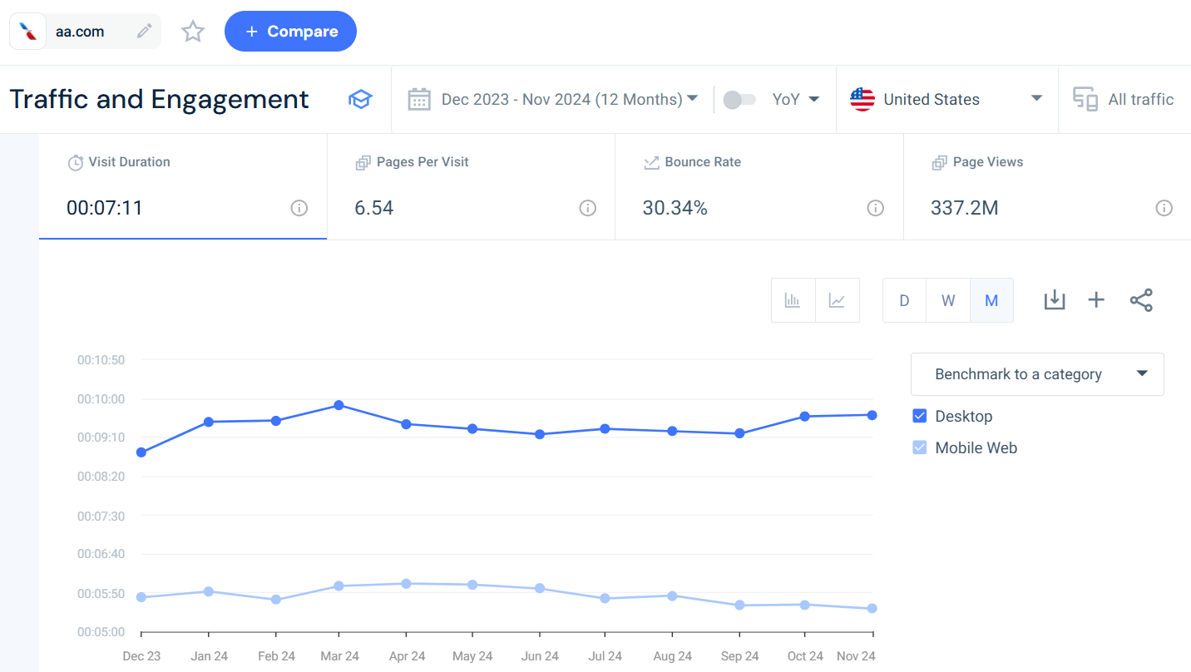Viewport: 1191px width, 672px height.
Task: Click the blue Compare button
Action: (290, 32)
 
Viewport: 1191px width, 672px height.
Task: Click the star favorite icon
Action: (193, 32)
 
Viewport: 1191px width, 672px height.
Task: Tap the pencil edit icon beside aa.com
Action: (145, 32)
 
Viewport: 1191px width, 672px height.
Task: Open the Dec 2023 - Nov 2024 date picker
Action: (552, 99)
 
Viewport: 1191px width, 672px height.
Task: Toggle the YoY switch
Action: (739, 100)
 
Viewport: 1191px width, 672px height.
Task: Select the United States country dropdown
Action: (946, 99)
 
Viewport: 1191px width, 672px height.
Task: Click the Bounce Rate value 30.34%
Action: (675, 208)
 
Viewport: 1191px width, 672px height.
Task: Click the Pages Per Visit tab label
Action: (423, 162)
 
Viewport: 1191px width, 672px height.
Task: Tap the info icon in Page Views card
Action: (1164, 208)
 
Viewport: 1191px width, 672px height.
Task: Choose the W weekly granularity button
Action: (948, 300)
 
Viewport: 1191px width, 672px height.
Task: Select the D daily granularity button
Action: (904, 300)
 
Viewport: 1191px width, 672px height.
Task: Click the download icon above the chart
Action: (1054, 300)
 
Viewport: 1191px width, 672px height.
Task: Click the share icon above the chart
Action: (1141, 300)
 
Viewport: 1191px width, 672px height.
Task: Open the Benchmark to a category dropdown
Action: (1037, 374)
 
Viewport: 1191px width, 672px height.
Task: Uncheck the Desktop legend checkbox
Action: (920, 416)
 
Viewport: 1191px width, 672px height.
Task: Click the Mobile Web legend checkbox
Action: (920, 447)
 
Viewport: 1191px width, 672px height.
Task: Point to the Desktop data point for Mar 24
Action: (339, 405)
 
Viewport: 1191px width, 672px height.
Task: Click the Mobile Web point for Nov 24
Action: (872, 609)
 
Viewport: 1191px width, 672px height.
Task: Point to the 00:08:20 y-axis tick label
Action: (101, 477)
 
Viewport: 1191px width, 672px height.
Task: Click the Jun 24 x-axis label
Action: (540, 656)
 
